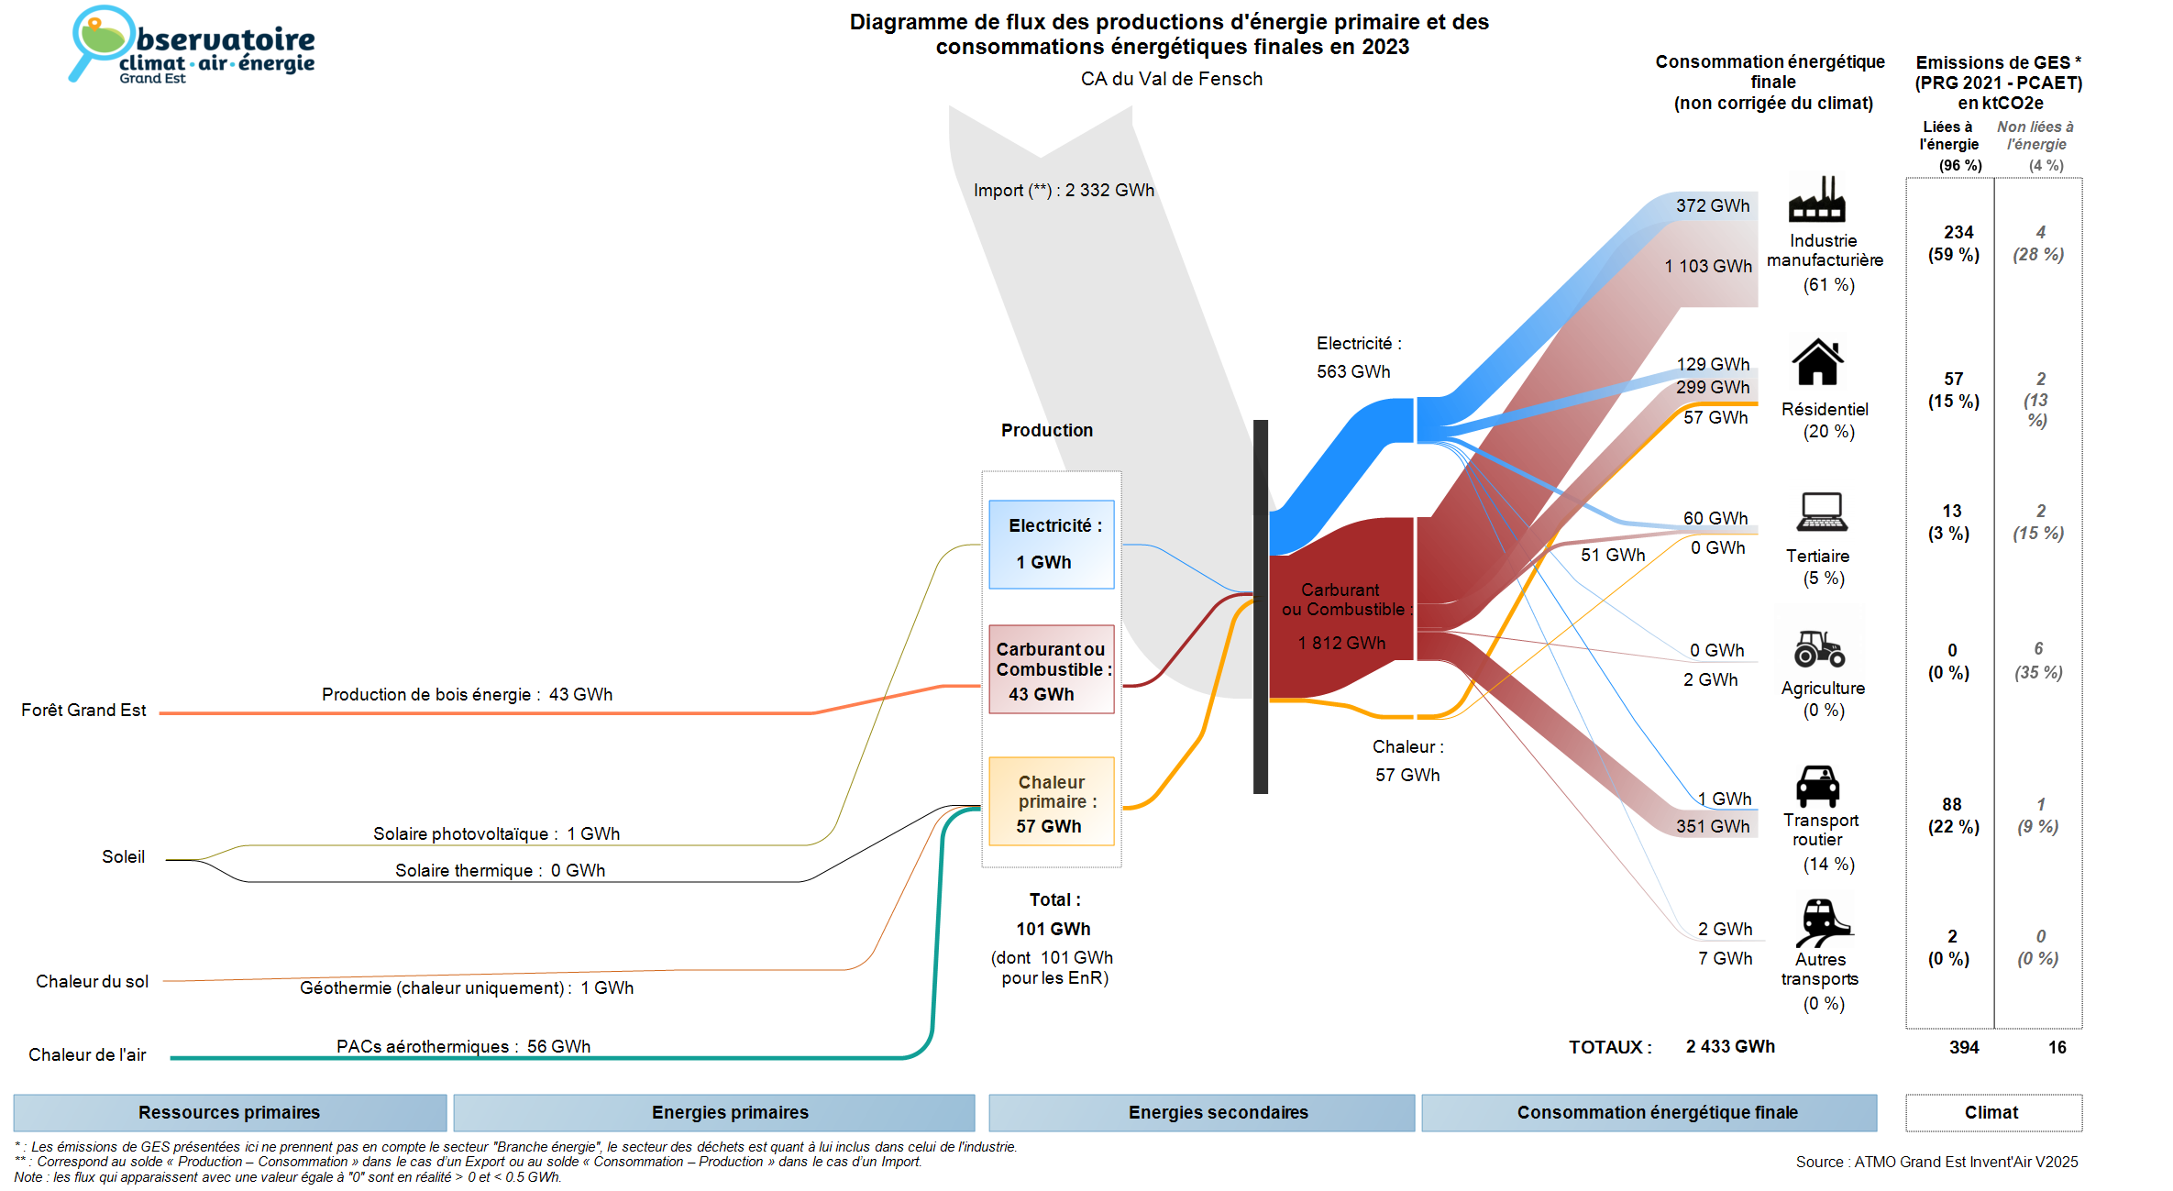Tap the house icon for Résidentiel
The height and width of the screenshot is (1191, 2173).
click(1817, 362)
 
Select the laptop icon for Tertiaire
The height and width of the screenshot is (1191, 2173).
click(1821, 512)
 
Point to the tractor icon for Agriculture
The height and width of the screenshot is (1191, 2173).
click(1819, 648)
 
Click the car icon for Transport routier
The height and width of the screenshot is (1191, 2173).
click(1817, 787)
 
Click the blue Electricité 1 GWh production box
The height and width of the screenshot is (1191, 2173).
click(1051, 545)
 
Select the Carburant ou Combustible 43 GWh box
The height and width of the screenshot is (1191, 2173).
click(1051, 669)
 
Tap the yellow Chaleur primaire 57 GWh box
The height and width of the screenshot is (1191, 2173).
click(1051, 802)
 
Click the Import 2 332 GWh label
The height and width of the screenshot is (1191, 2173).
click(1064, 191)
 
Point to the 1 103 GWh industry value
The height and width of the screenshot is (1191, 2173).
click(1708, 267)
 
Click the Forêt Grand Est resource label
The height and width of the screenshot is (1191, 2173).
click(83, 711)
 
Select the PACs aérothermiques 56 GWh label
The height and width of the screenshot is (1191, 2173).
click(463, 1047)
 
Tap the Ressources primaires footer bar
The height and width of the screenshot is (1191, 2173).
click(229, 1112)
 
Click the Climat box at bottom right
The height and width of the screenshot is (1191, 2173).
click(1992, 1112)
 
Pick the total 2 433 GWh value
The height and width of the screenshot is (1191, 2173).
click(1730, 1047)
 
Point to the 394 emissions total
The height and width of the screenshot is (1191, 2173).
click(1964, 1048)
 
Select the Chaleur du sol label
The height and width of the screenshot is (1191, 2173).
click(92, 982)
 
